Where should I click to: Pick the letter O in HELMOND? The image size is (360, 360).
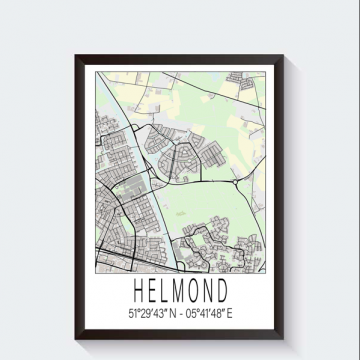pos(198,291)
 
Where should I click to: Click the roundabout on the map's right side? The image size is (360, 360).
pos(235,183)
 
